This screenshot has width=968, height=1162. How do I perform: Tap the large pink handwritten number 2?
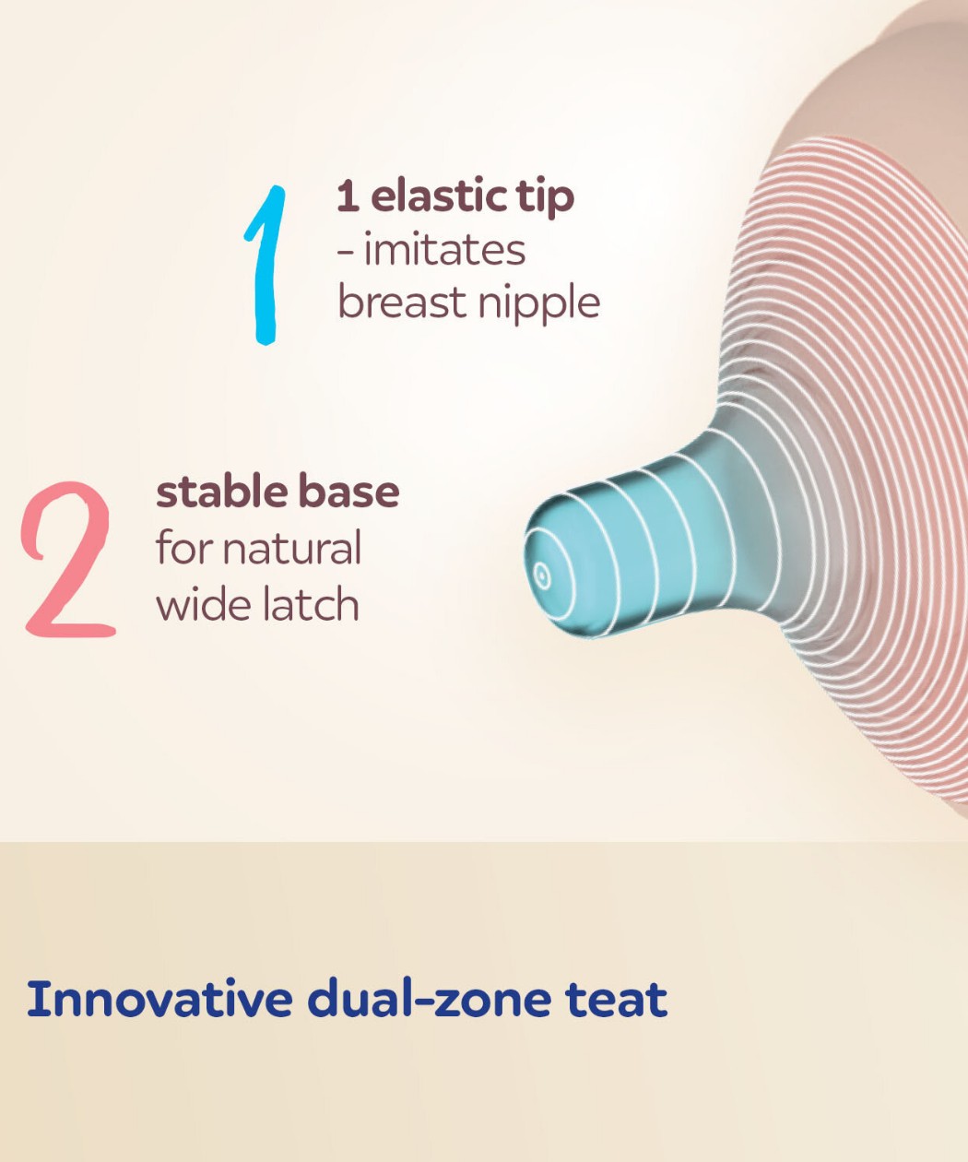(68, 559)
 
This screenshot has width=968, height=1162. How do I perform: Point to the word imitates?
(444, 251)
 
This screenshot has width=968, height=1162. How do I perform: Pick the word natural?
(292, 548)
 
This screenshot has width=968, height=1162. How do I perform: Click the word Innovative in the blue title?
(159, 999)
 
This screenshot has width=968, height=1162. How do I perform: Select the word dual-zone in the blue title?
(429, 999)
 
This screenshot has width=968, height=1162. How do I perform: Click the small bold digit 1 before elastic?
(348, 196)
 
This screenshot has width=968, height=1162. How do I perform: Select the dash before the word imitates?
(346, 254)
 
